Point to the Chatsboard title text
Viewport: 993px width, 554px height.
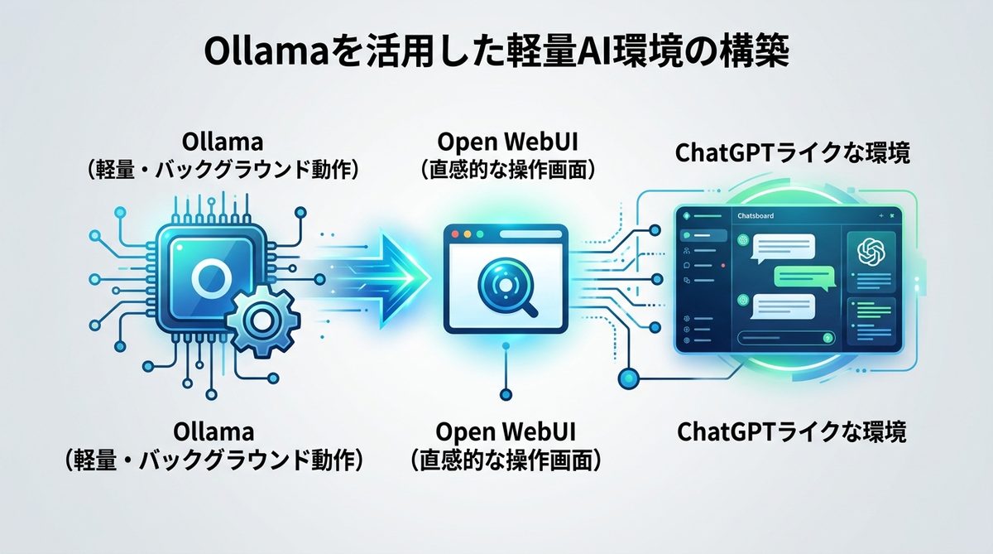[x=756, y=216]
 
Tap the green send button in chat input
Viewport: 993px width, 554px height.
[x=827, y=338]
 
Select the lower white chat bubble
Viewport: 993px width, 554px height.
[x=784, y=306]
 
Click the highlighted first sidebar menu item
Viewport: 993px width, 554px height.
[x=703, y=236]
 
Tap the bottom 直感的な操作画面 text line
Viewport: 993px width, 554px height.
[x=506, y=458]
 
